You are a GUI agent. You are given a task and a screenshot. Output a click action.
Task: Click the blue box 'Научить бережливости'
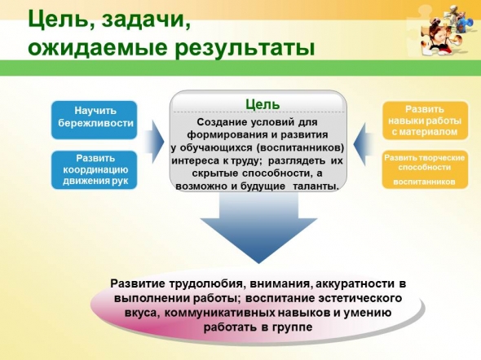[x=94, y=120]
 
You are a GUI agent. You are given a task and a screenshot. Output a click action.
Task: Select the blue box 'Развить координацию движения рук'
[x=94, y=169]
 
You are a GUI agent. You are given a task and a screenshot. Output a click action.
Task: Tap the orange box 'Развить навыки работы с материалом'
[x=426, y=121]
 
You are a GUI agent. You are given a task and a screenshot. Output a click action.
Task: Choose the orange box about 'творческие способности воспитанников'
[x=426, y=169]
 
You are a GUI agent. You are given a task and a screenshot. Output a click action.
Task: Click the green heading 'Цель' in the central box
[x=263, y=104]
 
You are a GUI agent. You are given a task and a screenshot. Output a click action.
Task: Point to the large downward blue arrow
[x=258, y=227]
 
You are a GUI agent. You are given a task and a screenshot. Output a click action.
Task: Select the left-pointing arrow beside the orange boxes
[x=364, y=144]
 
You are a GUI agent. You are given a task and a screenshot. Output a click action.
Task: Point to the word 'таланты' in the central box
[x=316, y=186]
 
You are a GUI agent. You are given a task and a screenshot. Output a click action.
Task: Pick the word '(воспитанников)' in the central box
[x=300, y=147]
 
